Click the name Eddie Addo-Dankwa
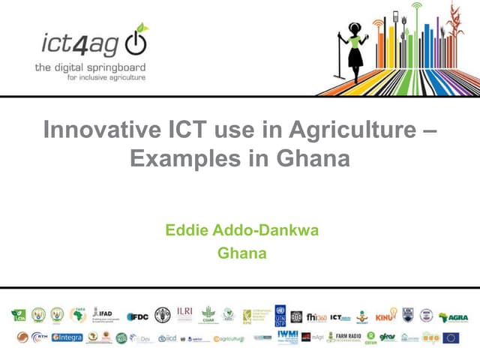(x=241, y=229)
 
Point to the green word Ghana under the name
(x=241, y=253)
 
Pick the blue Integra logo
(x=67, y=337)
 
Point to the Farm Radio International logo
(x=344, y=337)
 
